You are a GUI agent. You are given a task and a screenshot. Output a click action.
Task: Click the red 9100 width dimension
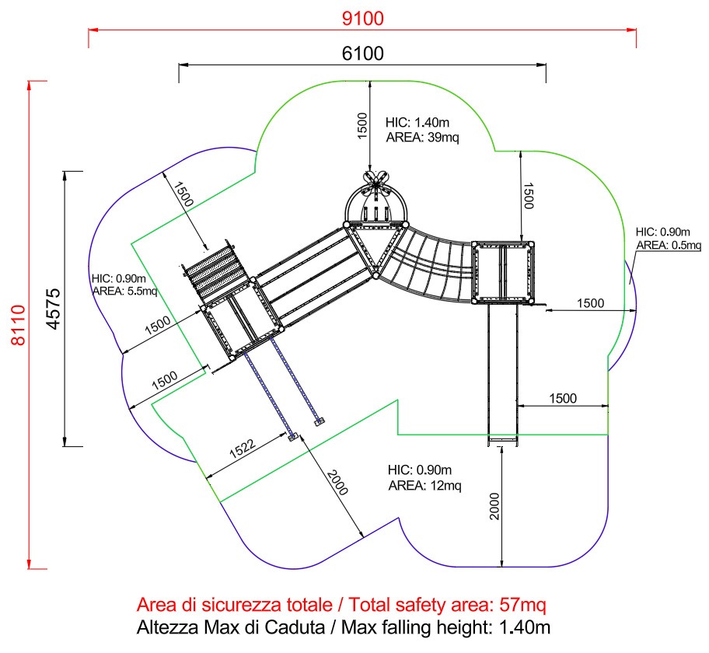coord(362,19)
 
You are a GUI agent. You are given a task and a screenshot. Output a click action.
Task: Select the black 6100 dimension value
coord(362,54)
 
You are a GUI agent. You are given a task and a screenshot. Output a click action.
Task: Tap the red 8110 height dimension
coord(19,325)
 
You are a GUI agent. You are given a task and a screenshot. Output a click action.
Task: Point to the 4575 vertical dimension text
coord(53,309)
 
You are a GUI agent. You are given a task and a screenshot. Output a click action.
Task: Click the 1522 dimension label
coord(243,448)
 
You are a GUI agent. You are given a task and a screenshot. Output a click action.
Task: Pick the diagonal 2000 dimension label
coord(337,483)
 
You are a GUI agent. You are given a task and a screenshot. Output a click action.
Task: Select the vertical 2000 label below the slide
coord(494,507)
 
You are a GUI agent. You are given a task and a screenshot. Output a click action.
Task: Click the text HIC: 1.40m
coord(417,122)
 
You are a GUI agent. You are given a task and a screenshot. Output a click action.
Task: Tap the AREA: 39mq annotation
coord(422,137)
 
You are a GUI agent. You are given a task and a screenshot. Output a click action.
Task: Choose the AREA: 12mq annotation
coord(424,485)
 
